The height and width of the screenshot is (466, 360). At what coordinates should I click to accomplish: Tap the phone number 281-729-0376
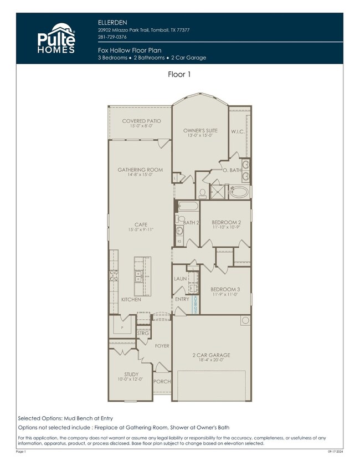(112, 37)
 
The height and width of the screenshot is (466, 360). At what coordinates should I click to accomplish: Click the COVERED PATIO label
(142, 121)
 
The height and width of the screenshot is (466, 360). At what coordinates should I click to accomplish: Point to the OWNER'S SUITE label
(200, 131)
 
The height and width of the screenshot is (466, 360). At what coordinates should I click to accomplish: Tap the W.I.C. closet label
(238, 131)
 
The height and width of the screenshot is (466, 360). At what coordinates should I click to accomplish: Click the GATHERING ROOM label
(140, 170)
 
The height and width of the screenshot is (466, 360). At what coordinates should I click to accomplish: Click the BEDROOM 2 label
(225, 222)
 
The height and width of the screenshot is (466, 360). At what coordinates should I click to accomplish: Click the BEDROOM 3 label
(225, 289)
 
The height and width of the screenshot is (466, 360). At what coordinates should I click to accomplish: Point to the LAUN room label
(180, 279)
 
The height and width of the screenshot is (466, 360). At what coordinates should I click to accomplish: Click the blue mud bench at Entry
(195, 305)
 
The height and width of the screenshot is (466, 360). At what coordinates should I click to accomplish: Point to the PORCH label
(162, 382)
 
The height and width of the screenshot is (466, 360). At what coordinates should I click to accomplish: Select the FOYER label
(162, 345)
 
